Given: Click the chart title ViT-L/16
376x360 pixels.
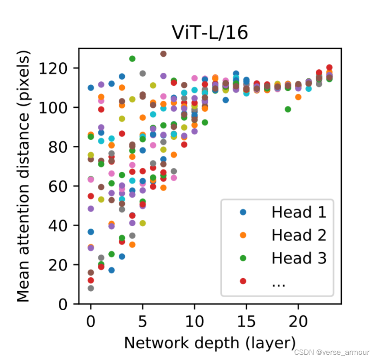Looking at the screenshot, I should click(x=210, y=33).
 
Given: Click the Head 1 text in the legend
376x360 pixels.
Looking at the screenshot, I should click(x=298, y=212).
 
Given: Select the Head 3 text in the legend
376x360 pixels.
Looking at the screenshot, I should click(x=298, y=258).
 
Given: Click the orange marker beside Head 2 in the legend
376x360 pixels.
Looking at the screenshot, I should click(x=243, y=235).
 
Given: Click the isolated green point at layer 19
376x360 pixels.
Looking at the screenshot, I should click(x=288, y=109).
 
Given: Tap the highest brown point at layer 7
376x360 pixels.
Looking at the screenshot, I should click(x=163, y=54).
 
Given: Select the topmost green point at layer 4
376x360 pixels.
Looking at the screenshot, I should click(x=132, y=58).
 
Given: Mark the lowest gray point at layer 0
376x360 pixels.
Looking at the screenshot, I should click(x=91, y=288).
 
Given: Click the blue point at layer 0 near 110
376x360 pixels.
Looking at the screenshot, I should click(x=91, y=87).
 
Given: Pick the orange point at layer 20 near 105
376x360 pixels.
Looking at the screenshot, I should click(x=298, y=97).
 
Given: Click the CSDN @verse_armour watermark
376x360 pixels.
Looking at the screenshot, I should click(x=332, y=353).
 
